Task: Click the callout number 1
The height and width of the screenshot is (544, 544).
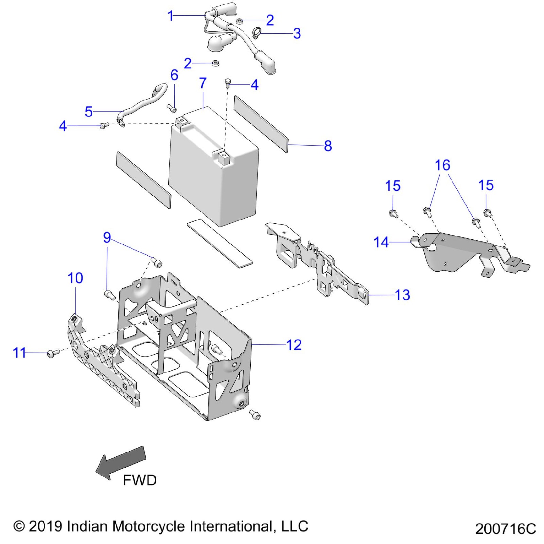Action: pyautogui.click(x=171, y=16)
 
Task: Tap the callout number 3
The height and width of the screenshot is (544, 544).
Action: pyautogui.click(x=297, y=34)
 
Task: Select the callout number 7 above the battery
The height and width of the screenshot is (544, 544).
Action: pyautogui.click(x=203, y=83)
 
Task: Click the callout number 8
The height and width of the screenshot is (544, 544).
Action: pyautogui.click(x=328, y=146)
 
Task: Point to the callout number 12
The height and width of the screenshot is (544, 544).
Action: pyautogui.click(x=294, y=345)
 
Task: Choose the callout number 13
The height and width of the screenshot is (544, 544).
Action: pyautogui.click(x=402, y=295)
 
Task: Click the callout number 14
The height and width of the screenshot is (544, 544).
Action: pyautogui.click(x=381, y=242)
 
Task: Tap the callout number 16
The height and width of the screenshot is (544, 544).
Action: pyautogui.click(x=442, y=165)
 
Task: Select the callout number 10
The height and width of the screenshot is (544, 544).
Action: pyautogui.click(x=75, y=278)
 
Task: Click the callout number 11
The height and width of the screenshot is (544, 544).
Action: pyautogui.click(x=19, y=353)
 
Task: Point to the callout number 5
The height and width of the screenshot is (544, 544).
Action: pyautogui.click(x=89, y=112)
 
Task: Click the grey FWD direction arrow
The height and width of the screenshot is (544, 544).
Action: pyautogui.click(x=121, y=462)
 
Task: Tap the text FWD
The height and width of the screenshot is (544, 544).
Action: pyautogui.click(x=140, y=480)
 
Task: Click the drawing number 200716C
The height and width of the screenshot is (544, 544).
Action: pyautogui.click(x=505, y=529)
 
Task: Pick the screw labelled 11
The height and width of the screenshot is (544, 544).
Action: pyautogui.click(x=53, y=353)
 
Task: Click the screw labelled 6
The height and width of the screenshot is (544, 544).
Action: pyautogui.click(x=172, y=108)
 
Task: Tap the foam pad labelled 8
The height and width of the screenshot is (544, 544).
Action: pyautogui.click(x=261, y=124)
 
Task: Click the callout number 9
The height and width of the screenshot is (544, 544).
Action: pyautogui.click(x=107, y=237)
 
